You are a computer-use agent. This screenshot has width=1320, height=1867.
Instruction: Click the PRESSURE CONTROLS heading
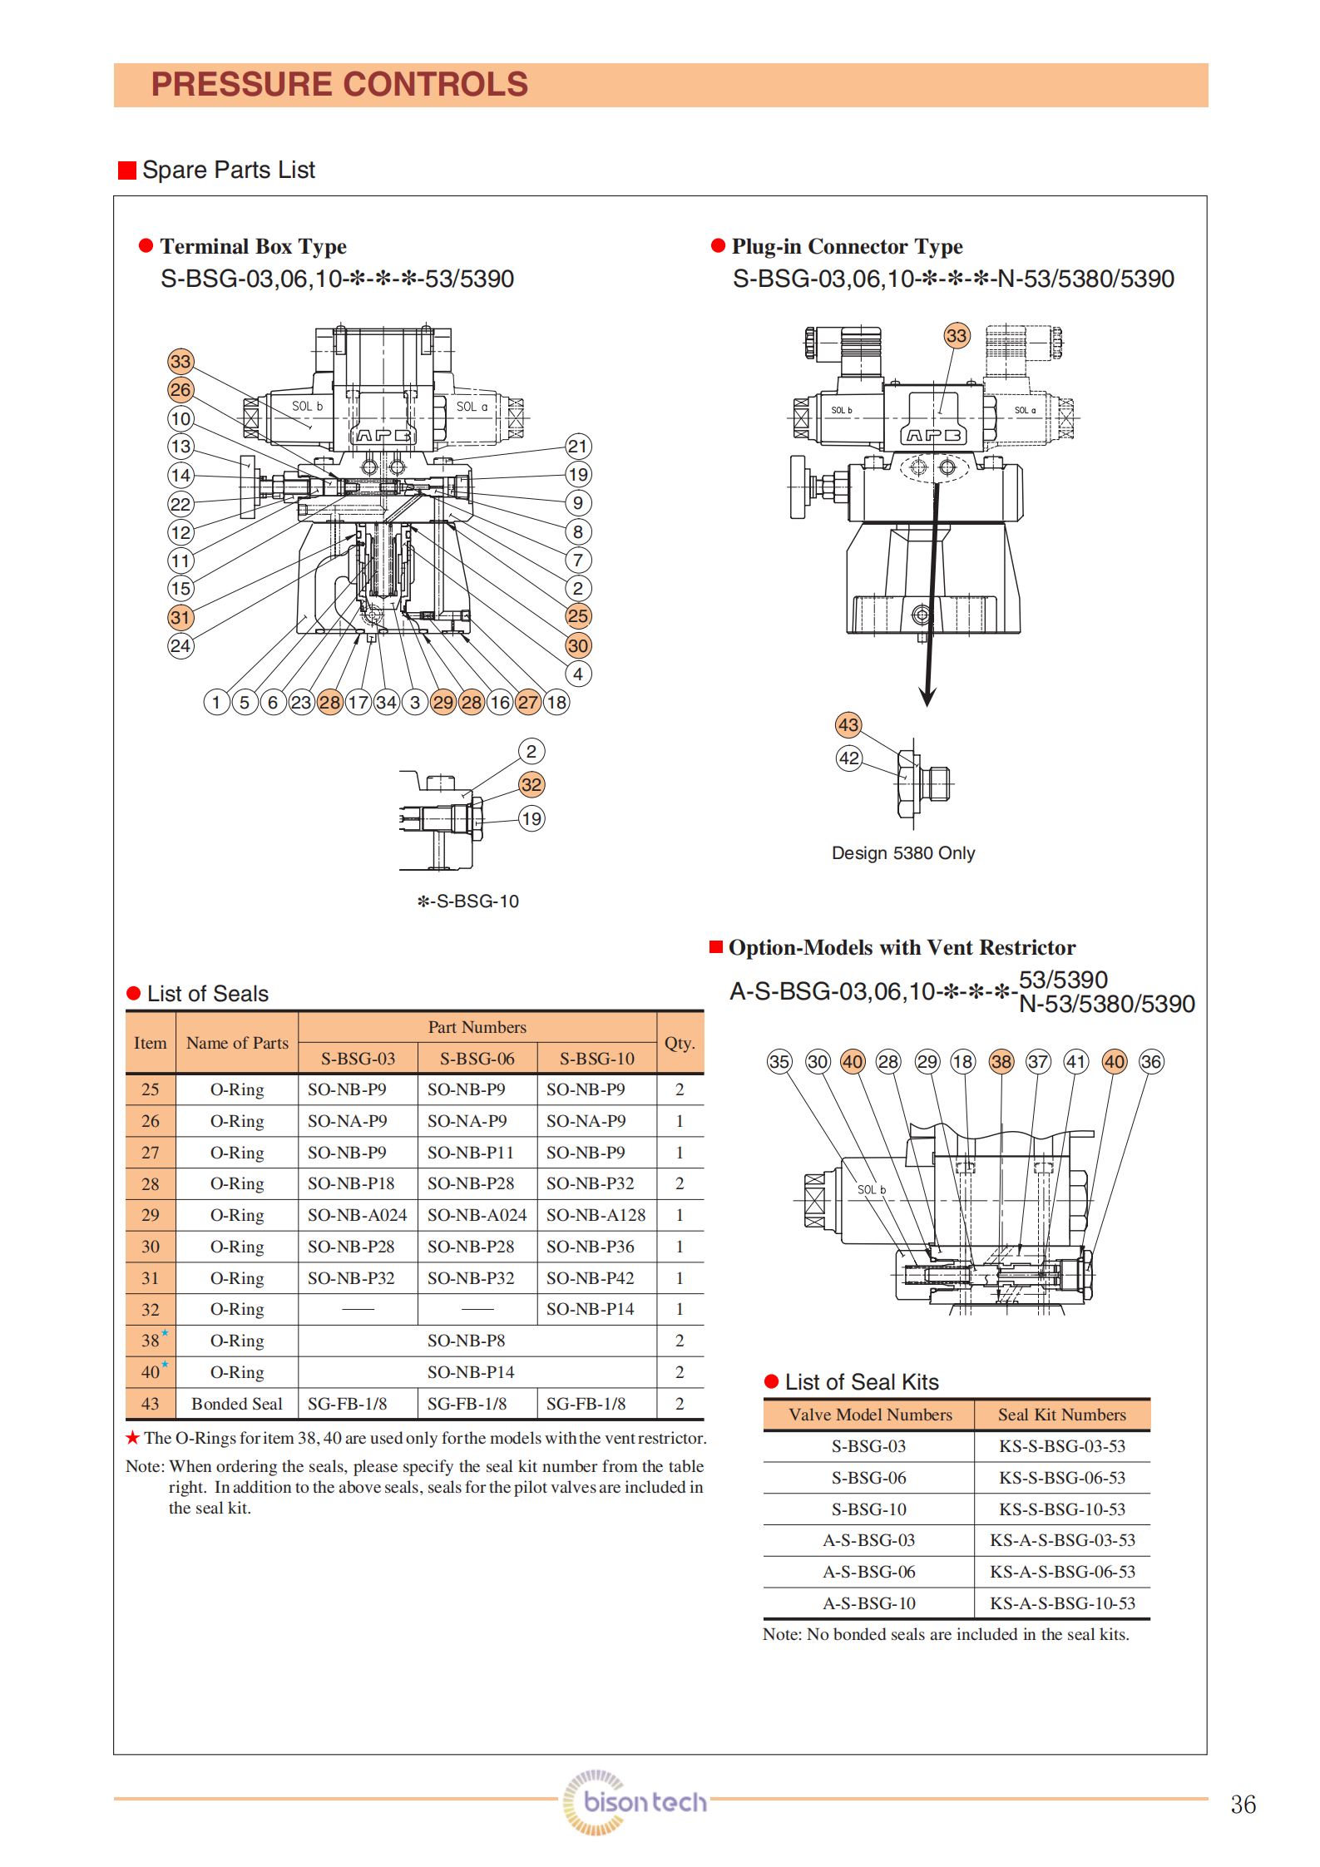(x=339, y=85)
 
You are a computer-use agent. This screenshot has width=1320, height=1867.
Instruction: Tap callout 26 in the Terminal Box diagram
(x=180, y=390)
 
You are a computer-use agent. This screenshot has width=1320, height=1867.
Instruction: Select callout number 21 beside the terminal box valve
(x=578, y=447)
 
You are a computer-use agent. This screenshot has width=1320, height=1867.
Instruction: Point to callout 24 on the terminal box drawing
(x=180, y=646)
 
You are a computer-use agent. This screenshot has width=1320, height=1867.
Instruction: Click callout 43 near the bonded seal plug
(x=848, y=725)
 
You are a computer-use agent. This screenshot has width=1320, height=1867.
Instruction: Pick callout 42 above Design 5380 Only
(x=848, y=758)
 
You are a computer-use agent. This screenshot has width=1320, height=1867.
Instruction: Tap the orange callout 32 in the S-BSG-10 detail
(x=531, y=785)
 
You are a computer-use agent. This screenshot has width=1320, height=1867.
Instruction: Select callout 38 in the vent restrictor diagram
(x=1001, y=1062)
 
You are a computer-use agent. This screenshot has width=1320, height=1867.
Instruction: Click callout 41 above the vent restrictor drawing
(x=1075, y=1062)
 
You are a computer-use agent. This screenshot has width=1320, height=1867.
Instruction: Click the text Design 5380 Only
(x=903, y=853)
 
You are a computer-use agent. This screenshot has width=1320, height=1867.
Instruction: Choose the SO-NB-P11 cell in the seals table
(x=471, y=1153)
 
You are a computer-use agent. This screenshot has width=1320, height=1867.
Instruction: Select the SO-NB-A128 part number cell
(x=596, y=1215)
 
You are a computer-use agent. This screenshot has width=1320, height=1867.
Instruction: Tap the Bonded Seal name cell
(x=237, y=1404)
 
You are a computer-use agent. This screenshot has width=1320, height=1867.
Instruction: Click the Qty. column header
(x=680, y=1043)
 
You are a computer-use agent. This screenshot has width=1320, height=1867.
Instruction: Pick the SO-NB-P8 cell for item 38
(x=467, y=1341)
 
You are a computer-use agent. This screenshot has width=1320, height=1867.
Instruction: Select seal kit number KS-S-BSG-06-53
(x=1062, y=1478)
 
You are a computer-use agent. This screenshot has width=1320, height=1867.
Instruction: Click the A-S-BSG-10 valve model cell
(x=869, y=1603)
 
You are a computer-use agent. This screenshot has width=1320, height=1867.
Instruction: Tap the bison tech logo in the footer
(x=635, y=1802)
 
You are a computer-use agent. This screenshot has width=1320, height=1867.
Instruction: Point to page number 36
(x=1243, y=1805)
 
